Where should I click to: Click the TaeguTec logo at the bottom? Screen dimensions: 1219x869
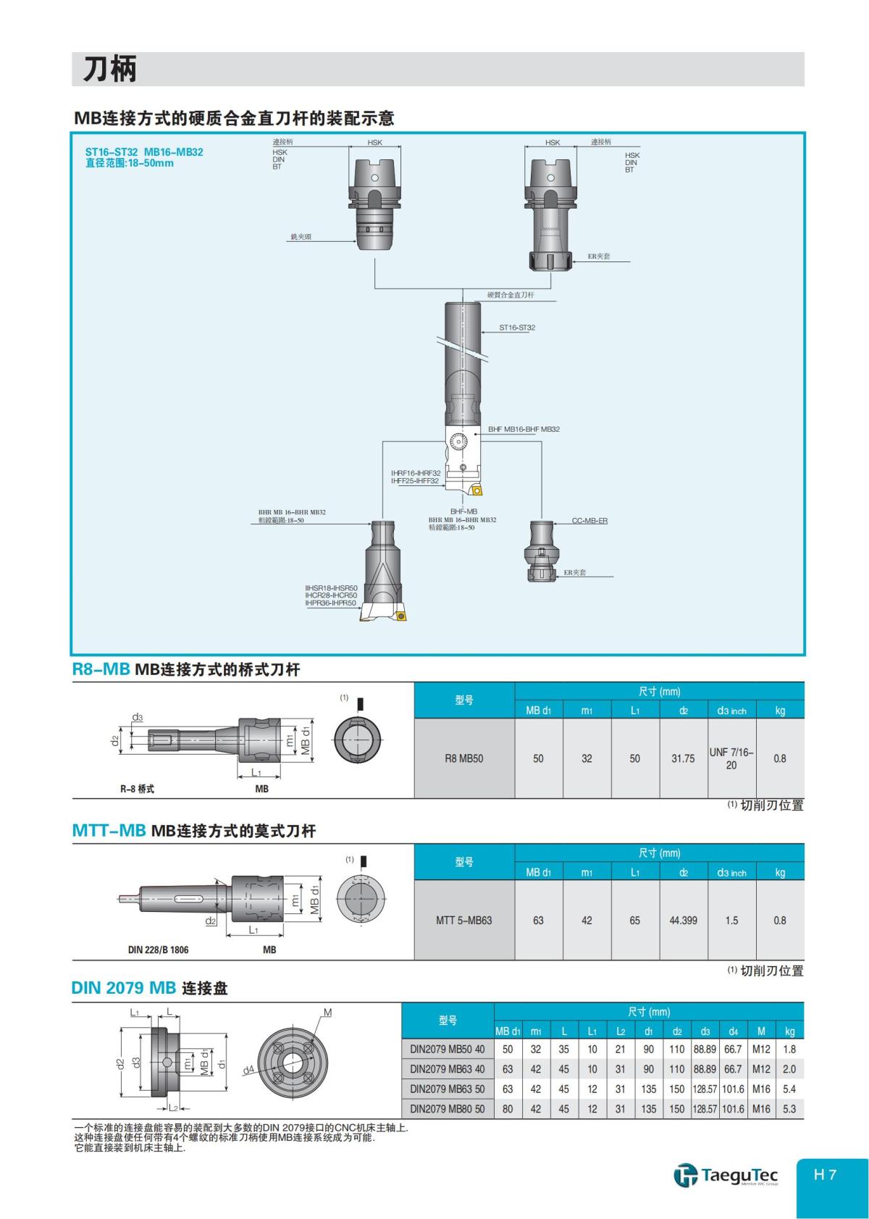726,1174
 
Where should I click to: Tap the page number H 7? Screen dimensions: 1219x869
825,1174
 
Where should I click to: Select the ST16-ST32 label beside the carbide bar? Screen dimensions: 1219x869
517,327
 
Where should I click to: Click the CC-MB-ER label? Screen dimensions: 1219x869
589,521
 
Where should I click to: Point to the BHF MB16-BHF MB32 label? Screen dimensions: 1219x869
524,430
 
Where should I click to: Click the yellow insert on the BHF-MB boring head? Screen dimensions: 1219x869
476,490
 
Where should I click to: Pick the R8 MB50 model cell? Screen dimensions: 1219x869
463,758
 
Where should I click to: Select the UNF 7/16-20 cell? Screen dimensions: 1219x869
731,758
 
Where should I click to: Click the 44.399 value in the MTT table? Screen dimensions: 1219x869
683,921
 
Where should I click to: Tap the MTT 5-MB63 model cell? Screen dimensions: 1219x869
463,921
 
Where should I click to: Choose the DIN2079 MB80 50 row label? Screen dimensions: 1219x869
447,1109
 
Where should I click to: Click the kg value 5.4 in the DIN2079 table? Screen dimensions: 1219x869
789,1089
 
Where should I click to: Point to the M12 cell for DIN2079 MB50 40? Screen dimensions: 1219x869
761,1049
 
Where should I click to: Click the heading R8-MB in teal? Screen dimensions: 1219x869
101,669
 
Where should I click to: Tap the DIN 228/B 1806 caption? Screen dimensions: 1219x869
158,950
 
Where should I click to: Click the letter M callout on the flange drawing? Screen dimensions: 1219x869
327,1013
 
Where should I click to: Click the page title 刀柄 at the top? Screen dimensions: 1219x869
109,70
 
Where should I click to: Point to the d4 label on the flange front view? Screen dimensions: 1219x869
248,1070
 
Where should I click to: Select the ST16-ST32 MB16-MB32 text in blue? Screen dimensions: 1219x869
144,152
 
